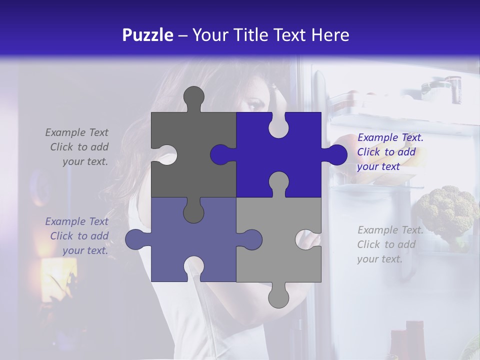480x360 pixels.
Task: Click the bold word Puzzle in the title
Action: [x=147, y=35]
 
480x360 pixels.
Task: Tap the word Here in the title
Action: [x=330, y=35]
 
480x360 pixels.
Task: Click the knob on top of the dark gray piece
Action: [x=193, y=97]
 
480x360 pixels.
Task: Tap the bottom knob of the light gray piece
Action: [x=278, y=296]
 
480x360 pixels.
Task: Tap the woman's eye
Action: [x=254, y=103]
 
